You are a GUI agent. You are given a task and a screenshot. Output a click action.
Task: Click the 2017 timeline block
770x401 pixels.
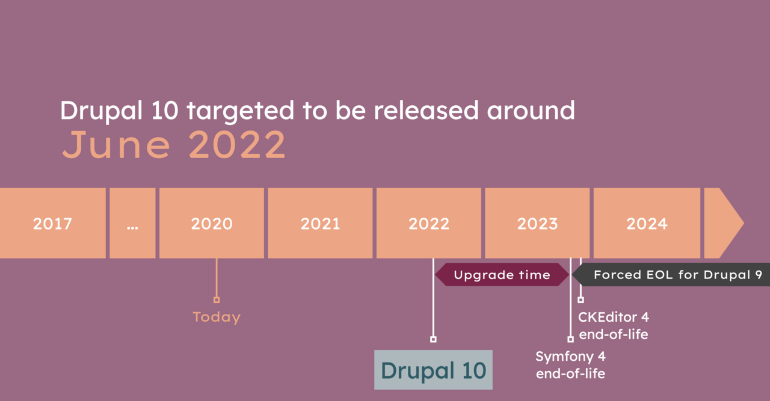click(x=52, y=224)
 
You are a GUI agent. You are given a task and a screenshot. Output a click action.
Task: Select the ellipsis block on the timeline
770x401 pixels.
click(x=132, y=224)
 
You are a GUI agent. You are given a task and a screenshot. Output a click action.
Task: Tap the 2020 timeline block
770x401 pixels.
click(x=212, y=224)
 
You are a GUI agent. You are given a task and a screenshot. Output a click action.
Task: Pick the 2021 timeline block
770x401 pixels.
click(x=320, y=224)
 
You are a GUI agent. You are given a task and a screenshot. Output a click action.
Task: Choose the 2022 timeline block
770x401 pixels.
click(x=429, y=224)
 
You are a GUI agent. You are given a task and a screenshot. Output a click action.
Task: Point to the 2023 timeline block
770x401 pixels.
click(x=537, y=224)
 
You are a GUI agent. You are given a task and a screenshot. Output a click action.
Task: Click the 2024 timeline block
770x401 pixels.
click(x=647, y=224)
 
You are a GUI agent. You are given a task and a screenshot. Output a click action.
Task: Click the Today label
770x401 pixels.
click(x=217, y=317)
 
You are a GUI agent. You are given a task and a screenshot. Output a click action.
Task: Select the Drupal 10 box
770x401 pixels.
click(x=433, y=370)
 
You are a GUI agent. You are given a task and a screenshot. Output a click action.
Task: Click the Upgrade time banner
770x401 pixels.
click(x=502, y=275)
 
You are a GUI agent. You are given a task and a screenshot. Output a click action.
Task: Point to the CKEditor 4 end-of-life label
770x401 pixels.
click(x=614, y=325)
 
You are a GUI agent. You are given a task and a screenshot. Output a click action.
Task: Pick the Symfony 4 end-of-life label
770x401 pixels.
click(x=570, y=365)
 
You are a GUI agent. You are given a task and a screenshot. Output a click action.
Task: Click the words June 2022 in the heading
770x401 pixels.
click(x=174, y=145)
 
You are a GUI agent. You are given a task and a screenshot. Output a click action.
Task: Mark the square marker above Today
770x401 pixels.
click(x=217, y=299)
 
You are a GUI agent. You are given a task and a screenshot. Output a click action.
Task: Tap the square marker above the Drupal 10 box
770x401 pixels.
click(x=433, y=339)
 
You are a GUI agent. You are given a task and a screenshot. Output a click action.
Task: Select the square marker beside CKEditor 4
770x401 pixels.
click(x=581, y=299)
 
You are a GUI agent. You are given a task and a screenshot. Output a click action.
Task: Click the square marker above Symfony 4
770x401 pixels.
click(x=570, y=339)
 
